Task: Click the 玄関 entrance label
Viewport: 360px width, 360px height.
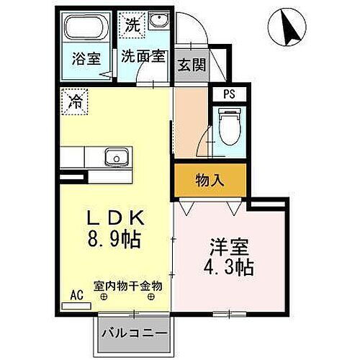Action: (191, 65)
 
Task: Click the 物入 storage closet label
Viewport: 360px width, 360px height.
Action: (209, 181)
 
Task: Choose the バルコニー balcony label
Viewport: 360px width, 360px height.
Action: (135, 334)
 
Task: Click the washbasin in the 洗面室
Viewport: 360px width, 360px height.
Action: (158, 22)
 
